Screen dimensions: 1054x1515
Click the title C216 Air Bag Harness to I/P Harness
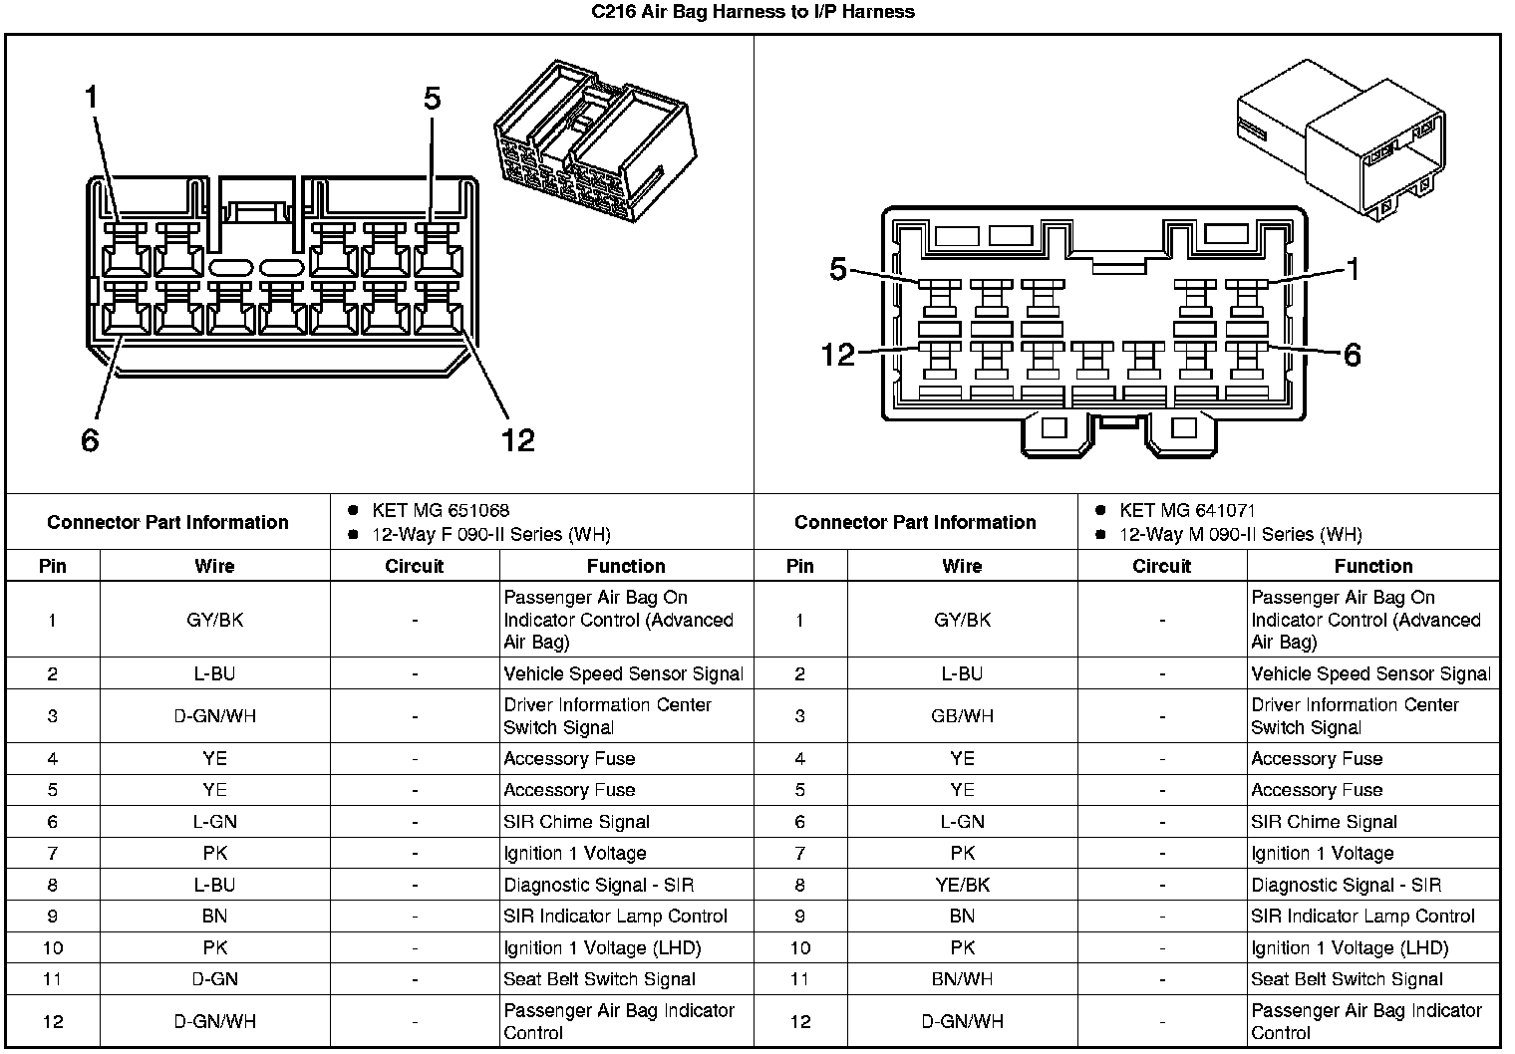pos(753,12)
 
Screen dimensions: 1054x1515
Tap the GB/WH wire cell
pos(962,715)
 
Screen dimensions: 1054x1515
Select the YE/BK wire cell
pos(962,885)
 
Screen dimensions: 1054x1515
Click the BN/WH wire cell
pos(962,979)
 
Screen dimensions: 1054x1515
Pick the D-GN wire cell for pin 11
pos(214,979)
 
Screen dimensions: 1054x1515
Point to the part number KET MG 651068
pos(441,510)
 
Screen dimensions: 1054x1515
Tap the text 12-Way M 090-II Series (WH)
pos(1240,534)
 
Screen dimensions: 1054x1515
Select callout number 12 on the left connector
pos(518,439)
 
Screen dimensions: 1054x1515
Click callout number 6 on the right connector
pos(1352,355)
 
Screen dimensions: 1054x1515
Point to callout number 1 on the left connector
pos(92,98)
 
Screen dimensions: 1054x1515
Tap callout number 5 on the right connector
pos(837,269)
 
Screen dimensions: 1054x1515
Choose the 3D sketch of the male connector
pos(1341,134)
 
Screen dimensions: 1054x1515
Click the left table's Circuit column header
pos(414,566)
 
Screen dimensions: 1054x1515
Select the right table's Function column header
pos(1372,566)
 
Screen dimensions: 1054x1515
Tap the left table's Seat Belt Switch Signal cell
pos(599,979)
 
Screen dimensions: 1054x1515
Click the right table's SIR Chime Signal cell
pos(1324,822)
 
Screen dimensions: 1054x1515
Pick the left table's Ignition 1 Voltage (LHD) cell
pos(602,947)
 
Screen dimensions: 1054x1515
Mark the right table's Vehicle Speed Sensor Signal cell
pos(1370,673)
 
